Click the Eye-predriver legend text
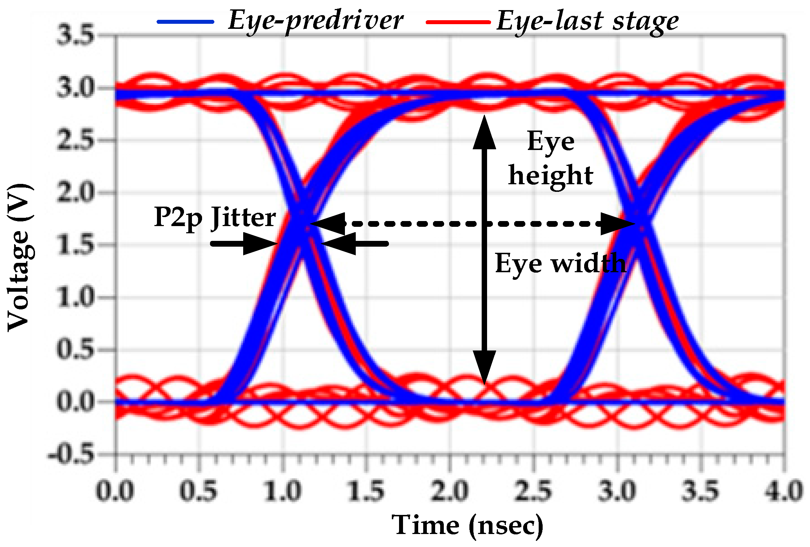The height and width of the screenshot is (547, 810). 315,21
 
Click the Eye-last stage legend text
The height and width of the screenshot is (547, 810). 587,22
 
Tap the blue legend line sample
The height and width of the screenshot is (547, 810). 185,22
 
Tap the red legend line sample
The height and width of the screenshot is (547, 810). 458,22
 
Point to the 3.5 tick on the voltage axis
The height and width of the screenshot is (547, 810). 75,35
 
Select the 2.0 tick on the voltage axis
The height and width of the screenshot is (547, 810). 75,193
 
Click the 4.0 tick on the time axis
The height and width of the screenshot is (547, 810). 784,491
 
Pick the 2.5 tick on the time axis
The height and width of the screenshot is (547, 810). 533,491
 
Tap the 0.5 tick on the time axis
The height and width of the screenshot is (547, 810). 198,491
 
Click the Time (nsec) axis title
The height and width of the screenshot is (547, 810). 468,525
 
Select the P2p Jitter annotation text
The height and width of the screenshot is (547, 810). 215,217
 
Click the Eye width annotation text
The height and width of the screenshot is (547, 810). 560,263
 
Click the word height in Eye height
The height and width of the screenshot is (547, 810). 551,175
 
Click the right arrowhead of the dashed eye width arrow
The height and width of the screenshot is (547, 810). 618,224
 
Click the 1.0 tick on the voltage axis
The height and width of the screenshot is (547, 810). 75,297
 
